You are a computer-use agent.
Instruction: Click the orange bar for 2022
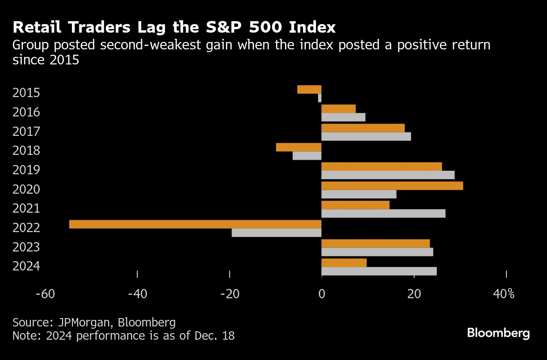pos(195,224)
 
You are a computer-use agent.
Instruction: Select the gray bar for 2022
pos(277,232)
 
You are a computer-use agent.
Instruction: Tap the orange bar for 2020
pos(392,186)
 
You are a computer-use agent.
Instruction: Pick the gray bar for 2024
pos(379,271)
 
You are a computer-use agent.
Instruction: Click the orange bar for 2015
pos(309,90)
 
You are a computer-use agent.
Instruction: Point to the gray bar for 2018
pos(307,156)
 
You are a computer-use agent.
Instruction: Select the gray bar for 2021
pos(383,214)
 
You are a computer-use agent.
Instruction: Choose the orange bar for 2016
pos(338,109)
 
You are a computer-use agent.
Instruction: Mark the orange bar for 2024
pos(344,263)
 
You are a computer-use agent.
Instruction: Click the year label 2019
pos(26,170)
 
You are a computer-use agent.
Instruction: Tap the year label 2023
pos(26,247)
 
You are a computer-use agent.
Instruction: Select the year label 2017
pos(26,131)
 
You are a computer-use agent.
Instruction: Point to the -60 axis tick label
pos(45,294)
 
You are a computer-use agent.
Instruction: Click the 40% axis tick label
pos(504,294)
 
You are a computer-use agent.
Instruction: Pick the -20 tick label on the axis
pos(229,294)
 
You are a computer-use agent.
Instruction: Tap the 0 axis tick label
pos(322,294)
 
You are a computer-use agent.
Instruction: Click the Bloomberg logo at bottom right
pos(498,333)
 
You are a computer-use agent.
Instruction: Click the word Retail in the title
pos(36,28)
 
